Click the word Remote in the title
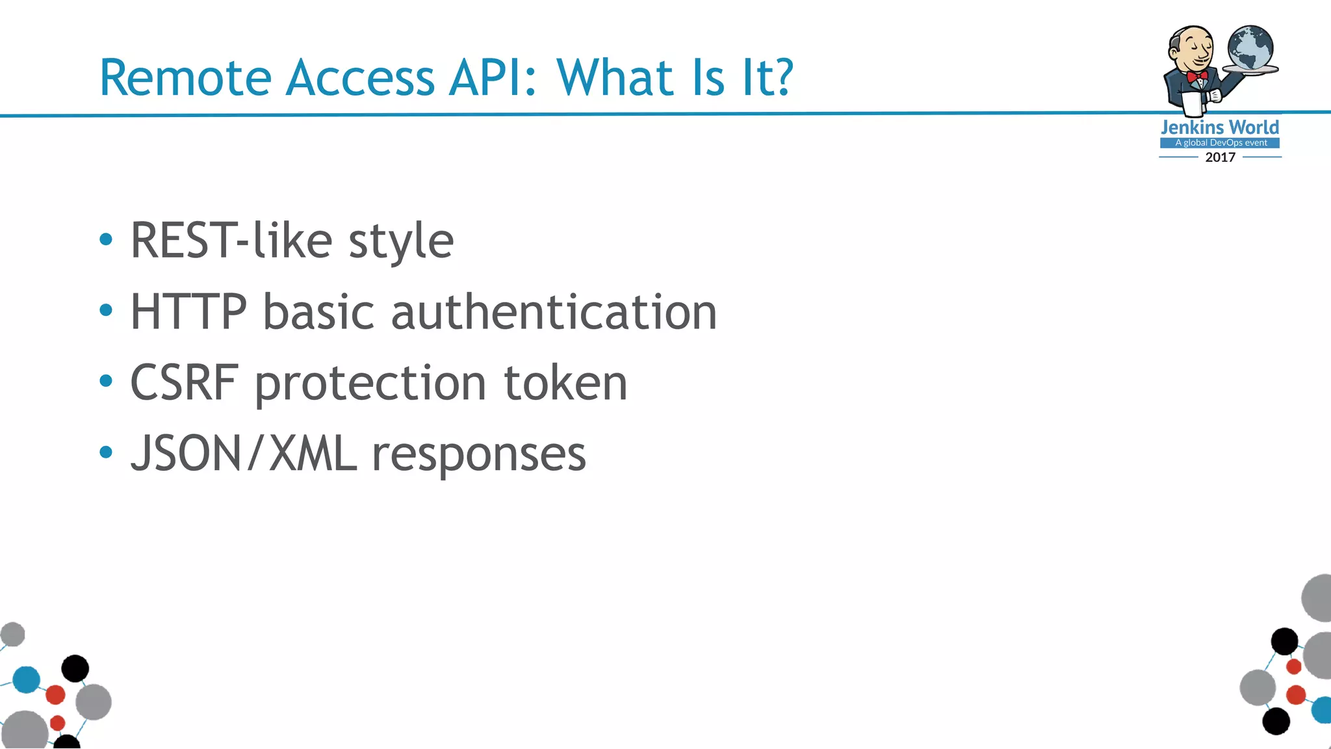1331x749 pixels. coord(185,78)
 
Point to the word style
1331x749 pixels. coord(401,242)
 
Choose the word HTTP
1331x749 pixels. coord(188,312)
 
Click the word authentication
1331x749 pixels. coord(554,312)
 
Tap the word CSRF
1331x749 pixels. coord(184,383)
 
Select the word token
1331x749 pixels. coord(565,383)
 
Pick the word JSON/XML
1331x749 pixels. coord(244,454)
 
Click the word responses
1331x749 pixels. coord(478,455)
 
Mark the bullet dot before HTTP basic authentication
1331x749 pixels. coord(106,311)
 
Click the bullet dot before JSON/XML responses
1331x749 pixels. coord(106,452)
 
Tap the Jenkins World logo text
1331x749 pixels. coord(1220,127)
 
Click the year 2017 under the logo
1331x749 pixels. coord(1220,157)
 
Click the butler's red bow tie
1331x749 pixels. coord(1196,77)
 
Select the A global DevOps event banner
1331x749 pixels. coord(1220,143)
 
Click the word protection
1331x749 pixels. coord(370,384)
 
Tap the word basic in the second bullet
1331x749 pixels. coord(318,312)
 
